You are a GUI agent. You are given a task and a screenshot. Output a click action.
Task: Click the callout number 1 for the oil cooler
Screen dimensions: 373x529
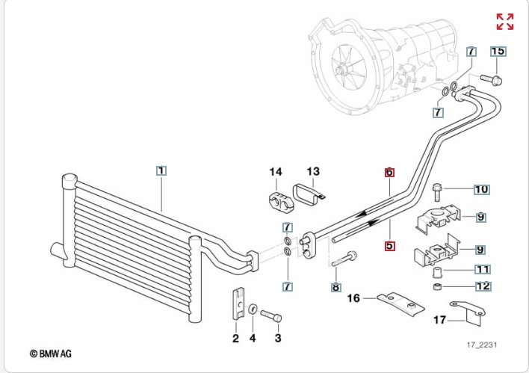click(161, 170)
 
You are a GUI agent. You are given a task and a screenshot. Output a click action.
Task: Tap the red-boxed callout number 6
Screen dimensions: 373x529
click(389, 172)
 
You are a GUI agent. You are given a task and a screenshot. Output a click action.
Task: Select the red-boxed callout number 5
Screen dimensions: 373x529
click(389, 244)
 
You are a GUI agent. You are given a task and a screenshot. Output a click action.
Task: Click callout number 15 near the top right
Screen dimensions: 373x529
click(498, 52)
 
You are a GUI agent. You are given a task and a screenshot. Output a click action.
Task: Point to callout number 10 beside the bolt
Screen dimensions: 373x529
click(481, 189)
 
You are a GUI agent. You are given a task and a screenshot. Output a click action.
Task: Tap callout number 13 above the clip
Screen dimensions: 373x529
click(312, 172)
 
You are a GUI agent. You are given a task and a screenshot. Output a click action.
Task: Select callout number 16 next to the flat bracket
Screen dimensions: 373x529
click(353, 298)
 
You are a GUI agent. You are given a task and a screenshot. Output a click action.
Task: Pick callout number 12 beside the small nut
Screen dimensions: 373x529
click(482, 286)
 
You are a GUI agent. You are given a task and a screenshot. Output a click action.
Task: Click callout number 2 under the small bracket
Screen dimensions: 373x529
click(235, 339)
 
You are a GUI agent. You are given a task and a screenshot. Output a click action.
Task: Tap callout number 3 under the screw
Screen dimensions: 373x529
click(278, 339)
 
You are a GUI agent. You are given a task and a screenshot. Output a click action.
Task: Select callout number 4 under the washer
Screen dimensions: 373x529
click(253, 339)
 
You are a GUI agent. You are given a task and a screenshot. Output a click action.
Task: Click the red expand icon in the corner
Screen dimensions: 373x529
click(505, 21)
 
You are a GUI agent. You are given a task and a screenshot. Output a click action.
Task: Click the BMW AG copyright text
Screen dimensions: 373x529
click(51, 353)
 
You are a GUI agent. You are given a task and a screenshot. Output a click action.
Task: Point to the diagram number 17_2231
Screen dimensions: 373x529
click(482, 345)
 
